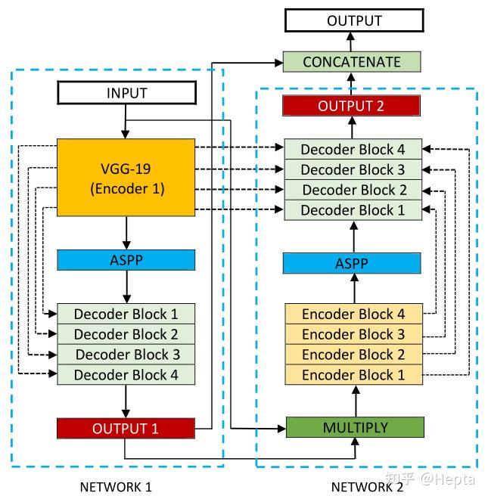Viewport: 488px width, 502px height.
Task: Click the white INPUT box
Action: tap(126, 95)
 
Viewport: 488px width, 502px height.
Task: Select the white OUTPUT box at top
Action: tap(353, 20)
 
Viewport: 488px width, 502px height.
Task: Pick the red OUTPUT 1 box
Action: tap(126, 429)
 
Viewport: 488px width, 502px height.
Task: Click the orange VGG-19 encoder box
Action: tap(126, 178)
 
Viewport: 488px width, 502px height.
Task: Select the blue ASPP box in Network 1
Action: tap(126, 260)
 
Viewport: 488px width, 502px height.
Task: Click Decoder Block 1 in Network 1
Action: tap(126, 314)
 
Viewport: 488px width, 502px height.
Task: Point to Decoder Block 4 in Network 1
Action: tap(126, 374)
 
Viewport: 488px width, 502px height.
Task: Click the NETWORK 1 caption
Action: tap(116, 487)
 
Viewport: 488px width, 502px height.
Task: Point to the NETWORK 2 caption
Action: tap(367, 487)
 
